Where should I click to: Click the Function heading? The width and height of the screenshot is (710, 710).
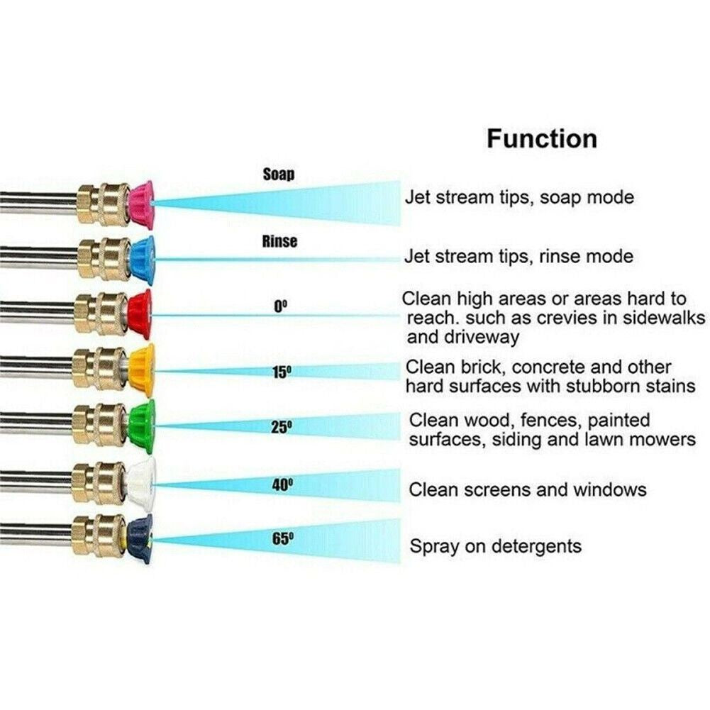(x=542, y=138)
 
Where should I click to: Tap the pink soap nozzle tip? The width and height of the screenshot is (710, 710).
(x=141, y=204)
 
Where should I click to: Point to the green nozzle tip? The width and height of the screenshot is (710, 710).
(x=142, y=426)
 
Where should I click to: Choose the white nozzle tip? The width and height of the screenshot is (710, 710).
(x=142, y=482)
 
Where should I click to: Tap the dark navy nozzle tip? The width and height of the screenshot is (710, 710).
(x=140, y=538)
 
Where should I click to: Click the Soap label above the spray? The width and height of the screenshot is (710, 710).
(x=279, y=174)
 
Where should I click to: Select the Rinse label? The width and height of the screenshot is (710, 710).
(x=280, y=241)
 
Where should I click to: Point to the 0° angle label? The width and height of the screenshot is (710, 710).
(x=281, y=307)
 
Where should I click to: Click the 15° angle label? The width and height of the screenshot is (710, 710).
(x=282, y=372)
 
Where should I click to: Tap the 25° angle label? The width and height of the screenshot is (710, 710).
(x=282, y=427)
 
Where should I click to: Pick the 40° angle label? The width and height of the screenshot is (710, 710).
(x=282, y=485)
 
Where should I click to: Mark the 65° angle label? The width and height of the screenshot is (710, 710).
(x=282, y=538)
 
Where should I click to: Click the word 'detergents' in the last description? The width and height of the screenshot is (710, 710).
(x=536, y=547)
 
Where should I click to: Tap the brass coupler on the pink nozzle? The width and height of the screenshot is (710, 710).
(x=104, y=204)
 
